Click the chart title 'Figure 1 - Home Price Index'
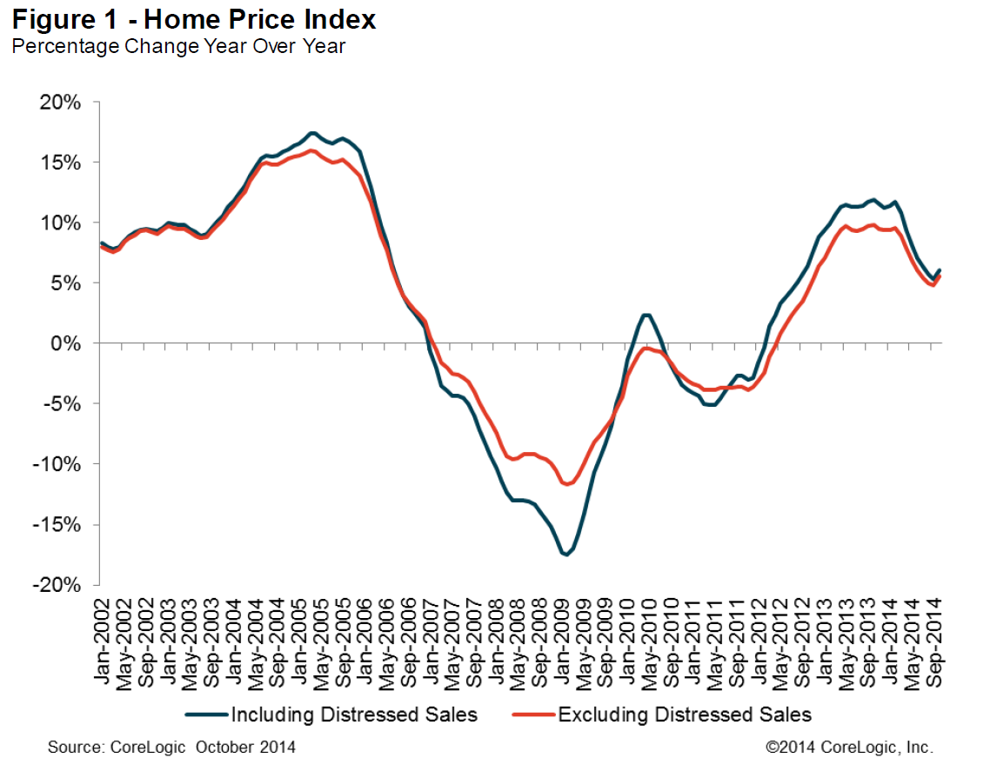[194, 20]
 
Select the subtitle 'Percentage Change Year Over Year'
[177, 47]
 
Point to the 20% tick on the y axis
[61, 103]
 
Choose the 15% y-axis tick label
[61, 163]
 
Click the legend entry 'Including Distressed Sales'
[353, 715]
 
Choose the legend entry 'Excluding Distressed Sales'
[684, 715]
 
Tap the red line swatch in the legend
[533, 715]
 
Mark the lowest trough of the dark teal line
[565, 554]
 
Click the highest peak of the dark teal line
[312, 133]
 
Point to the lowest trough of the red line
[567, 484]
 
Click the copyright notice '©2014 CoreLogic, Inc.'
[849, 747]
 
